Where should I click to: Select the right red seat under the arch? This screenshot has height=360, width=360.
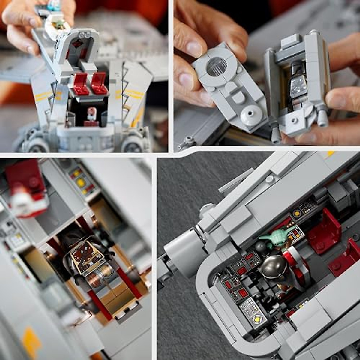(x=99, y=83)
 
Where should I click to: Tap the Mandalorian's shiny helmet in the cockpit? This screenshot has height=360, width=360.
(x=274, y=267)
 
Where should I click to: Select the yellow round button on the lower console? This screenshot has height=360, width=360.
(x=256, y=319)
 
